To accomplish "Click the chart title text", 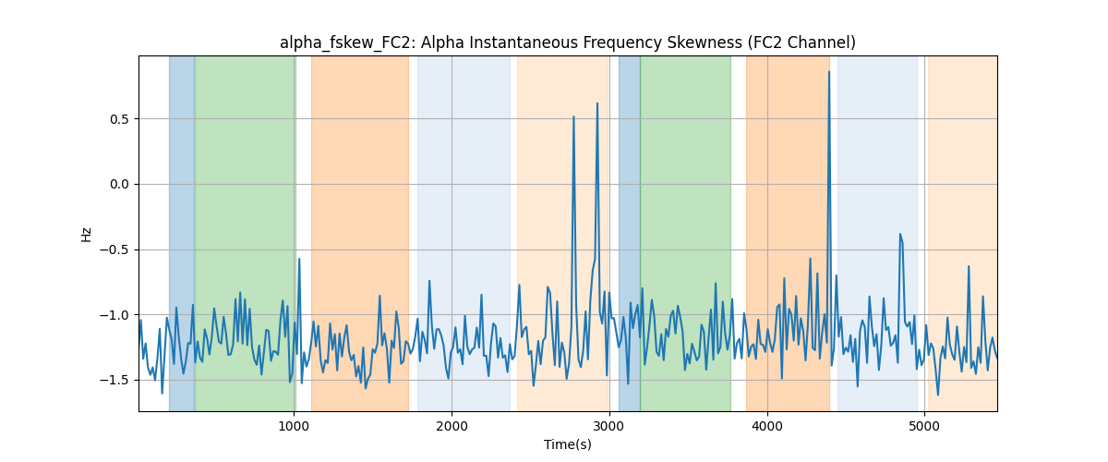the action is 567,43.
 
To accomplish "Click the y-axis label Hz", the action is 86,235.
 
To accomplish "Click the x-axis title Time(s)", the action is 567,444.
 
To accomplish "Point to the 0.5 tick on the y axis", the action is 119,119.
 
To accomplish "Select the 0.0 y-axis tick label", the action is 119,185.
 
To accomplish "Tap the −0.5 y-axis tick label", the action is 114,250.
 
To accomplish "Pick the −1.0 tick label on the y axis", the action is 114,315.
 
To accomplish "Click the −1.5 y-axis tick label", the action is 114,381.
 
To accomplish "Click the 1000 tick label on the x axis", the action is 295,426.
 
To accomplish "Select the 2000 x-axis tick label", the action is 452,426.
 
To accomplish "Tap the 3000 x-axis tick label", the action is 609,426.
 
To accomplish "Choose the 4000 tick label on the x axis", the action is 767,426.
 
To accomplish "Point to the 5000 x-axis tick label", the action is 924,426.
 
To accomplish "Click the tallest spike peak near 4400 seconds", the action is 829,72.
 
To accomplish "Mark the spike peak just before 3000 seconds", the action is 597,103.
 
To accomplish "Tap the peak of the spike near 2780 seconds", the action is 573,116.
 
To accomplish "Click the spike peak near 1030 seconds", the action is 299,259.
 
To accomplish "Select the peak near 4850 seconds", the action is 900,234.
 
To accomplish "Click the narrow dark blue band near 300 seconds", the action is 182,233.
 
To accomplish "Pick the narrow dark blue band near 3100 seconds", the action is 630,233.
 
